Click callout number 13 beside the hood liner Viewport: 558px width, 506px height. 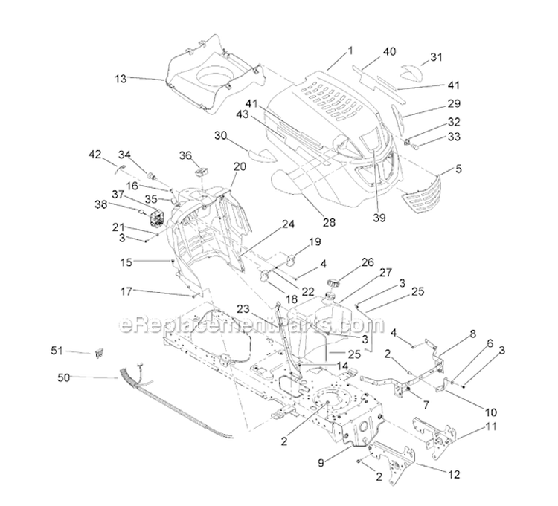tap(121, 77)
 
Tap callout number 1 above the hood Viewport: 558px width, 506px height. tap(350, 51)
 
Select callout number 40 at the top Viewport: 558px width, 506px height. tap(390, 51)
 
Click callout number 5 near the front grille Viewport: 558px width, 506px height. tap(458, 169)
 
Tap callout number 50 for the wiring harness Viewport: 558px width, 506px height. tap(65, 377)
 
